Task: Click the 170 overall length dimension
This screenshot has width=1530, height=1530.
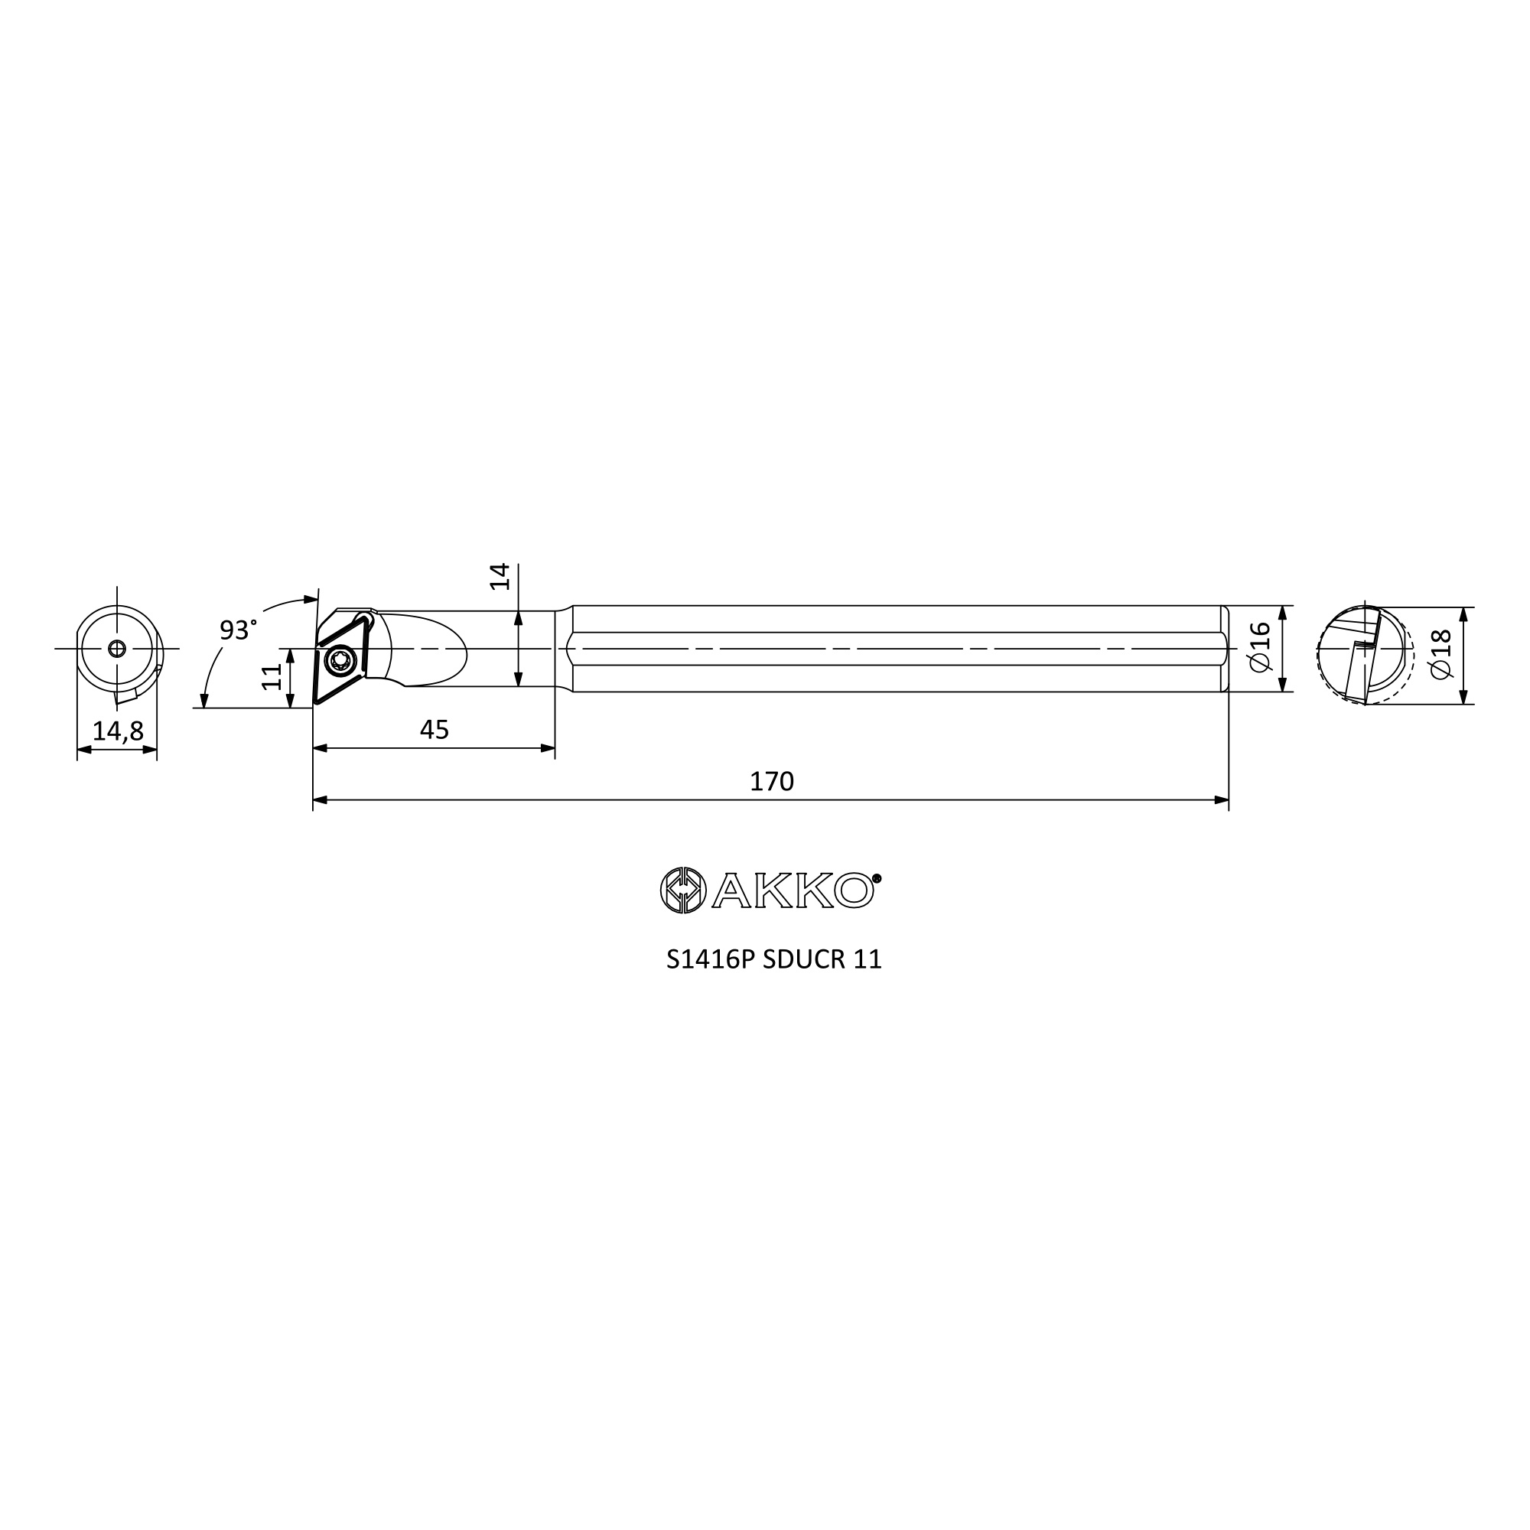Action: [x=771, y=782]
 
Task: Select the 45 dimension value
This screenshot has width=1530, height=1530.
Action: [x=434, y=729]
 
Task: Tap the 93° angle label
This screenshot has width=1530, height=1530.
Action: [x=238, y=630]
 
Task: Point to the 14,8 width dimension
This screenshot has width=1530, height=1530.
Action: [x=118, y=731]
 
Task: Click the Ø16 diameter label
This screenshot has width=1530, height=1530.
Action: [x=1260, y=648]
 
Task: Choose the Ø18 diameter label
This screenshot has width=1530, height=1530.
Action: [x=1440, y=654]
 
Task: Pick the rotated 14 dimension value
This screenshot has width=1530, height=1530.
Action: [x=500, y=577]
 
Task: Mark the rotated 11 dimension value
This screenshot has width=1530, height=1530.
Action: [x=272, y=677]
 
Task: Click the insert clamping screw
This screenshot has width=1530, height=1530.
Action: [x=341, y=659]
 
